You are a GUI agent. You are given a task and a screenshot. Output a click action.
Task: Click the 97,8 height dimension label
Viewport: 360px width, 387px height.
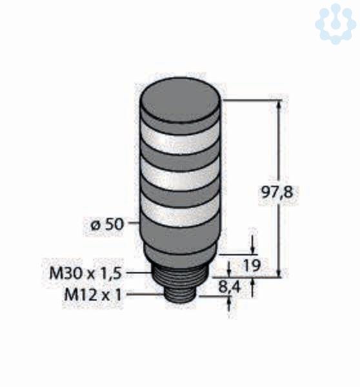coord(277,192)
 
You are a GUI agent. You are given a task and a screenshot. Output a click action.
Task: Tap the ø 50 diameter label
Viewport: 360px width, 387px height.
coord(106,225)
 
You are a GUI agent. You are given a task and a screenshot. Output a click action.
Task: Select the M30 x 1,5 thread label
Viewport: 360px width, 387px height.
coord(86,273)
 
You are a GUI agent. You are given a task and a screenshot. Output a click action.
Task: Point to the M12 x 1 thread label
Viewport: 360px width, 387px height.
coord(93,295)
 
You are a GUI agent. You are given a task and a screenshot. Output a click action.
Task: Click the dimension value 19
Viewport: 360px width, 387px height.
coord(252,265)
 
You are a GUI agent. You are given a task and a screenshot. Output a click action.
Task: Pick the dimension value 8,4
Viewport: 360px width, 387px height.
coord(230,287)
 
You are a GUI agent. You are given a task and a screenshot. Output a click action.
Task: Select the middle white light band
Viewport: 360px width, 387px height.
coord(181,175)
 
